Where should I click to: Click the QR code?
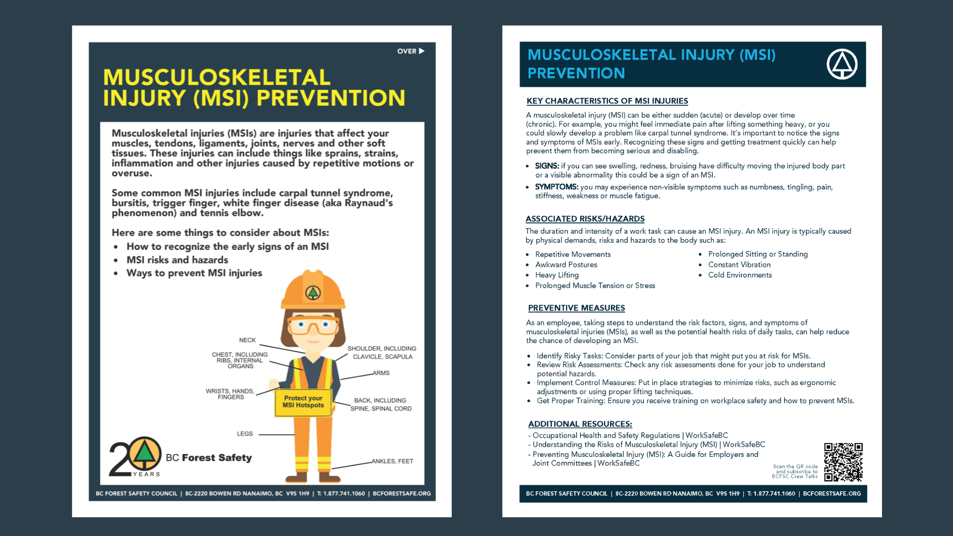pyautogui.click(x=843, y=462)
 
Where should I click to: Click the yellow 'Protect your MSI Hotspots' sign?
pyautogui.click(x=303, y=402)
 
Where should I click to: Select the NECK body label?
pyautogui.click(x=247, y=340)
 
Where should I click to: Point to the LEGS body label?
pyautogui.click(x=245, y=434)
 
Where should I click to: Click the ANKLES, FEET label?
pyautogui.click(x=392, y=461)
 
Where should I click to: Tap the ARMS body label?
pyautogui.click(x=381, y=373)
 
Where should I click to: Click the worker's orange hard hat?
pyautogui.click(x=313, y=291)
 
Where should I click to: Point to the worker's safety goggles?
pyautogui.click(x=313, y=325)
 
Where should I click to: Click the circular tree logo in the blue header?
pyautogui.click(x=841, y=64)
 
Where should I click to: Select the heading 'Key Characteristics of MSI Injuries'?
pyautogui.click(x=607, y=101)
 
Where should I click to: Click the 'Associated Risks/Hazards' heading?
pyautogui.click(x=585, y=219)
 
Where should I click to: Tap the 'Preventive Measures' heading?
pyautogui.click(x=576, y=308)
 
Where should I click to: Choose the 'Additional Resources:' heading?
pyautogui.click(x=580, y=424)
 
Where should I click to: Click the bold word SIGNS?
pyautogui.click(x=547, y=166)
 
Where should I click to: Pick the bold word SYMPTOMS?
pyautogui.click(x=556, y=187)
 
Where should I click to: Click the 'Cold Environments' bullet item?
pyautogui.click(x=740, y=275)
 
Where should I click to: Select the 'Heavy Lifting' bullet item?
pyautogui.click(x=557, y=275)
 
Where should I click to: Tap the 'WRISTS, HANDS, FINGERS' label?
pyautogui.click(x=230, y=394)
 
